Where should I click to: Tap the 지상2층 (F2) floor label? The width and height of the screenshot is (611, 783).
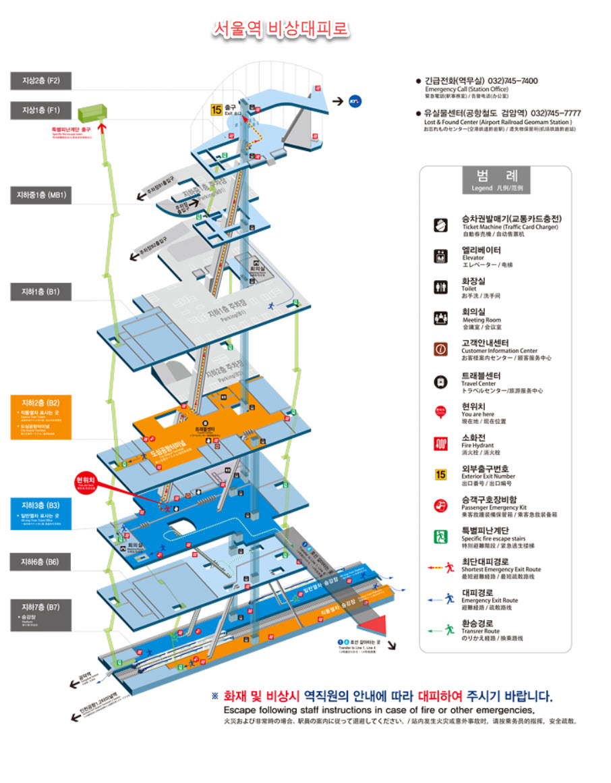(x=41, y=80)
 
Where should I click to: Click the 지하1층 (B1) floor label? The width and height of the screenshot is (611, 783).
(x=41, y=292)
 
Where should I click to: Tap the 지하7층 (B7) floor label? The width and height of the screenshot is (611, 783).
(x=41, y=606)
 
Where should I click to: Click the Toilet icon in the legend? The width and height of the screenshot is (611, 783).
(x=440, y=288)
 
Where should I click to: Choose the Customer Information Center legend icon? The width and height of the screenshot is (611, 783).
(x=440, y=349)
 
